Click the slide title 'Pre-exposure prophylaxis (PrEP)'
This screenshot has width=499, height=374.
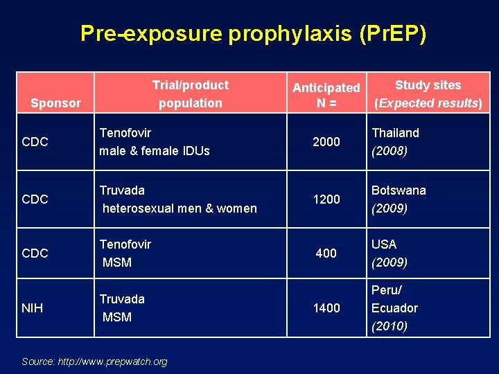tap(253, 33)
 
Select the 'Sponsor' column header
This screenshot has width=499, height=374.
tap(55, 103)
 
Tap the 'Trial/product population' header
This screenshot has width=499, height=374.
tap(191, 94)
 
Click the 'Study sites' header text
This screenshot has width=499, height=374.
tap(428, 85)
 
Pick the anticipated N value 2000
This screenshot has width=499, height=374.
tap(326, 142)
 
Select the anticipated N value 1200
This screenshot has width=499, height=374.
tap(326, 199)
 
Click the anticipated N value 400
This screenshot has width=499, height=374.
tap(326, 253)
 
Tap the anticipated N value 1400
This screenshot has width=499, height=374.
tap(326, 308)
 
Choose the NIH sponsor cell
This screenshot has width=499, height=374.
tap(32, 308)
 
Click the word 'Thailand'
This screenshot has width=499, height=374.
tap(395, 132)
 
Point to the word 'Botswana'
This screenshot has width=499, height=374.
tap(399, 190)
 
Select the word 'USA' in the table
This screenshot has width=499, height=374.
tap(384, 244)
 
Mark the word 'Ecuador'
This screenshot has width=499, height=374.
tap(394, 308)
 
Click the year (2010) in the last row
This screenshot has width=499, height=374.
tap(389, 326)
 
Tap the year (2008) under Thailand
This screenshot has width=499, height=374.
tap(389, 150)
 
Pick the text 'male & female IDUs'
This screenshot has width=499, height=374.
tap(154, 150)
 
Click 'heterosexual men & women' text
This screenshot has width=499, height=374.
tap(180, 208)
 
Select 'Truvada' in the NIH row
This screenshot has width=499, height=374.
tap(122, 299)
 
